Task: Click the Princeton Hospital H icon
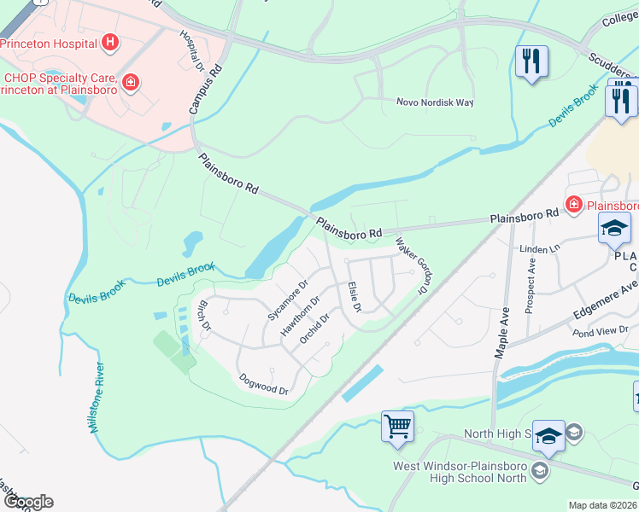coord(109,41)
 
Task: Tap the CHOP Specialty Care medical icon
coord(131,82)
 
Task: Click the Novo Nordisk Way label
coord(434,102)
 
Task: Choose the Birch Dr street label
coord(203,313)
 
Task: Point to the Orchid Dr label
coord(314,329)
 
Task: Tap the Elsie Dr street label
coord(355,296)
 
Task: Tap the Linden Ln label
coord(539,248)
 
